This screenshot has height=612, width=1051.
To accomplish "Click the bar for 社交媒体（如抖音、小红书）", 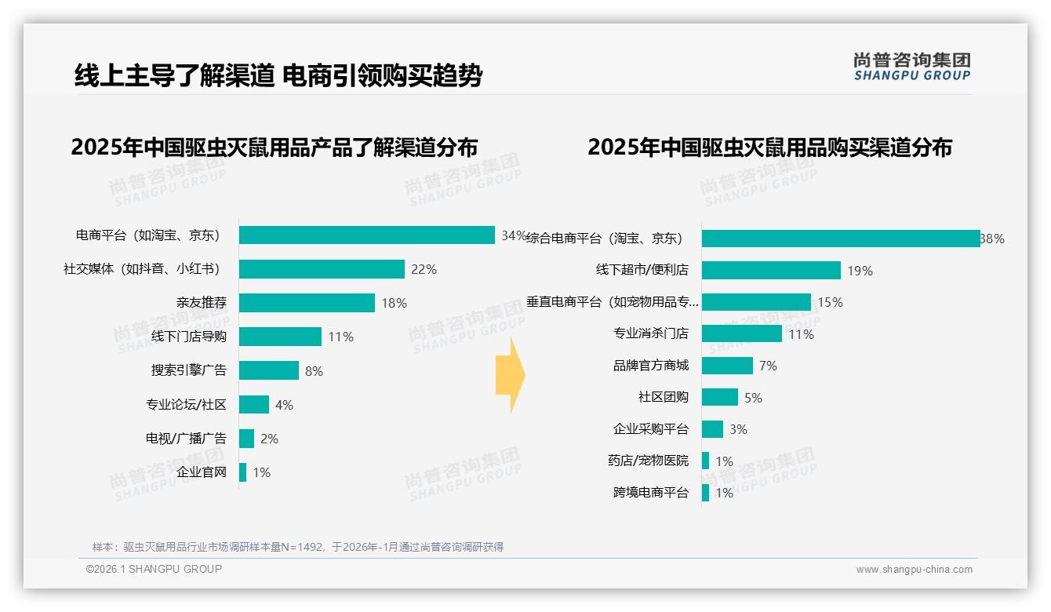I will coord(322,269).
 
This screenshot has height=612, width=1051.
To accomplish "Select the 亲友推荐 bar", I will coord(307,303).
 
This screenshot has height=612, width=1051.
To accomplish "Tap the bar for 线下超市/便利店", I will coord(771,271).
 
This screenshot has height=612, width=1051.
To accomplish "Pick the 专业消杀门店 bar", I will coord(741,333).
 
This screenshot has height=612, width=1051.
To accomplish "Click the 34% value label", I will coord(513,235).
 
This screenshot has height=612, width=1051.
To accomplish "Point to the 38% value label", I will coord(992,239).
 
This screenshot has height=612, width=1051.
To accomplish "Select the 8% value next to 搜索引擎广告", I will coord(314,371).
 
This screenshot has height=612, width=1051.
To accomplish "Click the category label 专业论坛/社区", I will coord(186,405).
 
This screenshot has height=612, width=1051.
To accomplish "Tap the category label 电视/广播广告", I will coord(186,439).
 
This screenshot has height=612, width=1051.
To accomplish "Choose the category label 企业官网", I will coord(201,472).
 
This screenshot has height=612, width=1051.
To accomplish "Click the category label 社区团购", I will coord(663,397).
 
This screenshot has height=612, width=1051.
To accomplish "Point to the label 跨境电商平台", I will coord(650,493).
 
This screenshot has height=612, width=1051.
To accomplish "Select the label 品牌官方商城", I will coord(650,366).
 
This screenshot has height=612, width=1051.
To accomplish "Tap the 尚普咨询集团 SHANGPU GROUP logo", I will coord(911,67).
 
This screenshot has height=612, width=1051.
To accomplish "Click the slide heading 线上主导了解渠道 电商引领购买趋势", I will coord(278,76).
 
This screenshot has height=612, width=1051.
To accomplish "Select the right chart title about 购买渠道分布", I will coord(769,148).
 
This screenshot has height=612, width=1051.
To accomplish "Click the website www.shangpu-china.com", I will coord(914,570).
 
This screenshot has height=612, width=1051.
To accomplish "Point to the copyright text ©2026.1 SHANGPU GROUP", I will coord(154,569).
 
